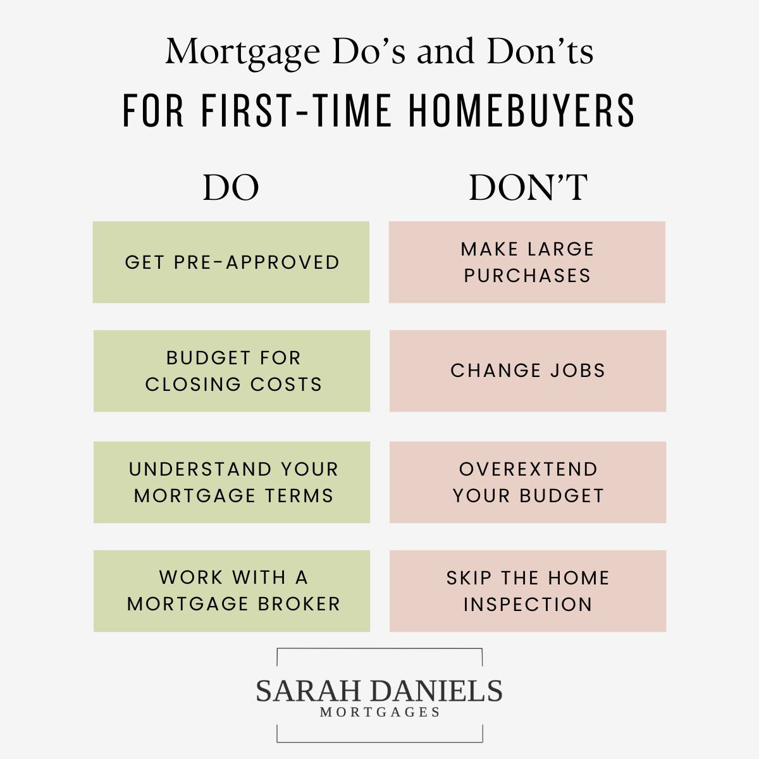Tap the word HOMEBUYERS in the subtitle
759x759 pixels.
coord(521,111)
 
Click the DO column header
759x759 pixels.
coord(231,187)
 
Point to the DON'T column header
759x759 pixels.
coord(528,187)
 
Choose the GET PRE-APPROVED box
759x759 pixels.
coord(231,262)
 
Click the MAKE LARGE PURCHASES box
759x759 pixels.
coord(527,262)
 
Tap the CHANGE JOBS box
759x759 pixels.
coord(528,371)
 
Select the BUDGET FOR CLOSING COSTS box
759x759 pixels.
coord(231,371)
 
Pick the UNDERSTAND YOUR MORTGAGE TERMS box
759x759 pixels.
coord(231,482)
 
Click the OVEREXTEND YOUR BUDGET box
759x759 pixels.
coord(528,482)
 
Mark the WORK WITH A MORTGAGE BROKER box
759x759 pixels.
coord(231,591)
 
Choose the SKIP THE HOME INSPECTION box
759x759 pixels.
coord(528,591)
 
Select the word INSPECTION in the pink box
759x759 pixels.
coord(528,605)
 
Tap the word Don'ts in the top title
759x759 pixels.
coord(540,51)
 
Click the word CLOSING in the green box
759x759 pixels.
coord(193,385)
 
